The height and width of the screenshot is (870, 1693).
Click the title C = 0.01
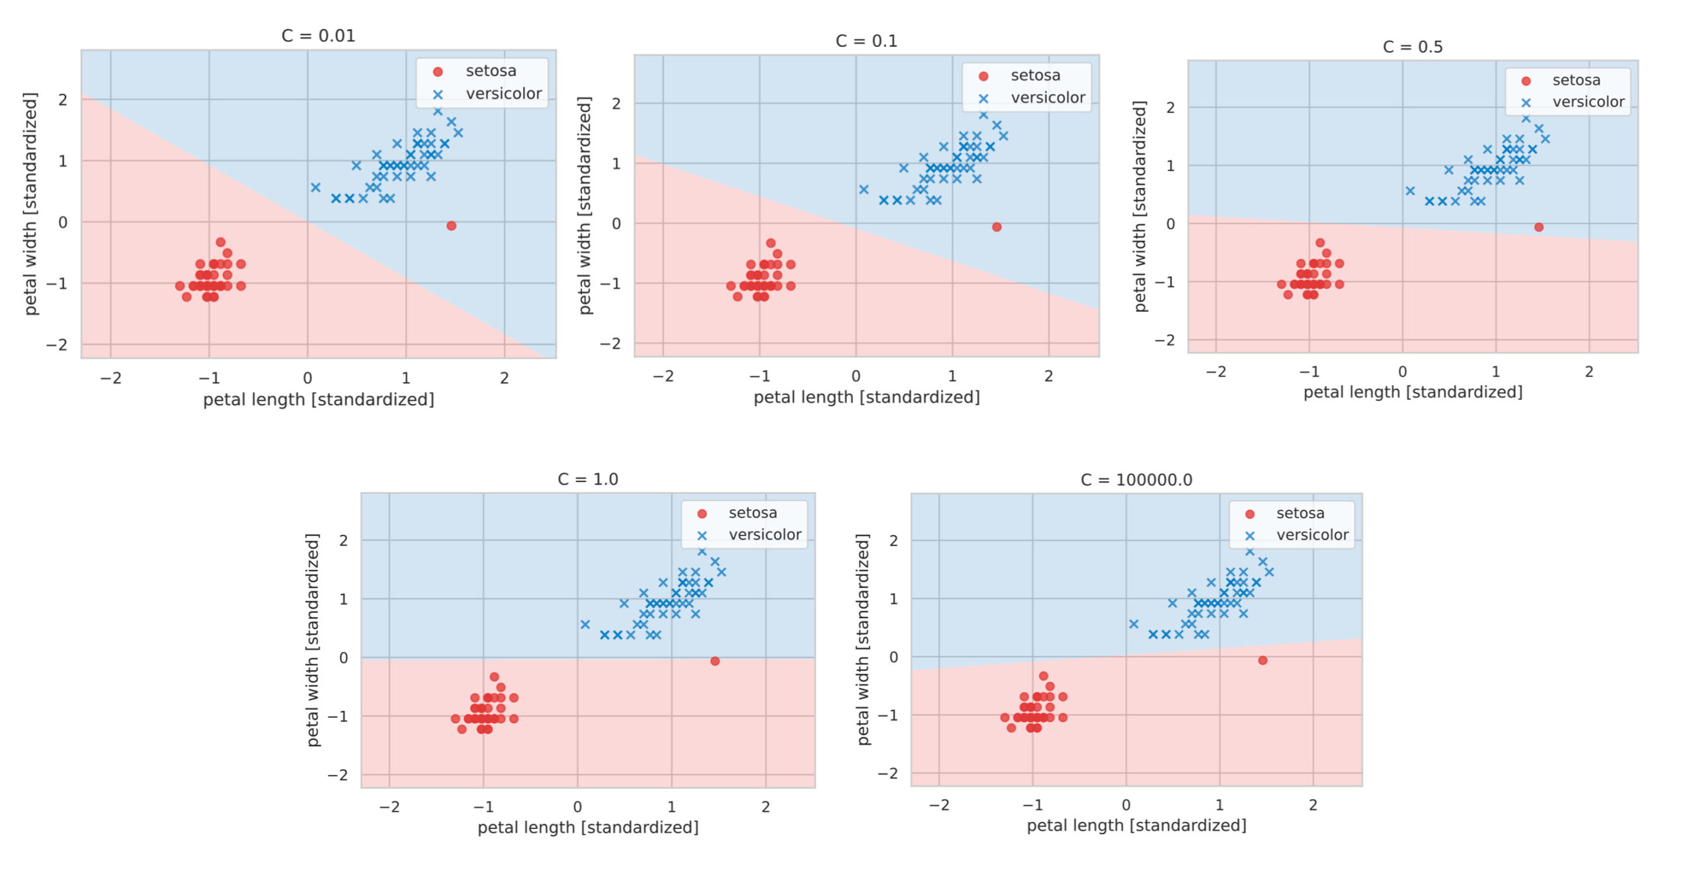click(318, 36)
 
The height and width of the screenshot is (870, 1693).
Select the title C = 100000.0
click(1136, 480)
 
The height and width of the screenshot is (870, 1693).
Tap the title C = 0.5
click(1412, 47)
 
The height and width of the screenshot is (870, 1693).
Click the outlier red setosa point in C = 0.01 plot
click(451, 225)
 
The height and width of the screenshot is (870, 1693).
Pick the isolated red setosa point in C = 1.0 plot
click(714, 661)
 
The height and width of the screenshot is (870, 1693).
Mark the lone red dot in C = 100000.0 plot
click(1262, 660)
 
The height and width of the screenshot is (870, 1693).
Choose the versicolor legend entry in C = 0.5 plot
click(1588, 102)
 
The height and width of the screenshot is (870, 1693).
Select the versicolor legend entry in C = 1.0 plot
click(764, 535)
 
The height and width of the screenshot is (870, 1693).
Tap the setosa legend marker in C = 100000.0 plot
click(1249, 514)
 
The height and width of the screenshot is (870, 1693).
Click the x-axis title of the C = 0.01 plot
click(318, 400)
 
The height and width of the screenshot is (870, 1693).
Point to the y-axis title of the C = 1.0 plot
click(313, 640)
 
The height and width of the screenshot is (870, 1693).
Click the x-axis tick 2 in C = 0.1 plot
click(1048, 376)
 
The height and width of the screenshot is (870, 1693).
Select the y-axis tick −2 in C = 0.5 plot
click(1164, 340)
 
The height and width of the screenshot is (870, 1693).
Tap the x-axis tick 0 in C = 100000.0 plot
click(1126, 805)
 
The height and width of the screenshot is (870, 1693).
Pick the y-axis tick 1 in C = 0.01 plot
click(63, 161)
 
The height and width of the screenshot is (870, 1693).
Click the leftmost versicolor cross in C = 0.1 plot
click(863, 190)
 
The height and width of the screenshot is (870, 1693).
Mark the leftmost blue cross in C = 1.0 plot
click(585, 624)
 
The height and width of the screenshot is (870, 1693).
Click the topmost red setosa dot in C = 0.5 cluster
click(1319, 243)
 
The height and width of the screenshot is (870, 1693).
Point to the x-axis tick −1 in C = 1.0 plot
click(483, 807)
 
